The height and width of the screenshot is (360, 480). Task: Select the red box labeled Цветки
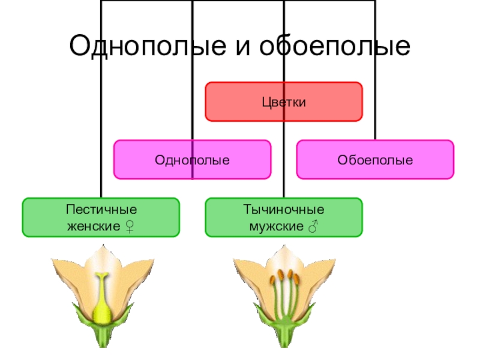[x=284, y=102]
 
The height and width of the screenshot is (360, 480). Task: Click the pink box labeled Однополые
[x=193, y=160]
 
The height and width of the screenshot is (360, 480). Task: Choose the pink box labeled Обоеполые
[x=375, y=160]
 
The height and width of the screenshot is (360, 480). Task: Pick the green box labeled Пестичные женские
[x=101, y=218]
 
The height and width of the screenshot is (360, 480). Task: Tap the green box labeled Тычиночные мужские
[x=284, y=218]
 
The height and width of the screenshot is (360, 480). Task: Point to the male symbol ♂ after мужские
[x=313, y=227]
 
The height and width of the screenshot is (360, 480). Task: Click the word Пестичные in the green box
[x=101, y=210]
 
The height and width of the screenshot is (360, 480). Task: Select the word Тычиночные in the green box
[x=284, y=210]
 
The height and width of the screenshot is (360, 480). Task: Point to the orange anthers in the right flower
[x=284, y=278]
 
